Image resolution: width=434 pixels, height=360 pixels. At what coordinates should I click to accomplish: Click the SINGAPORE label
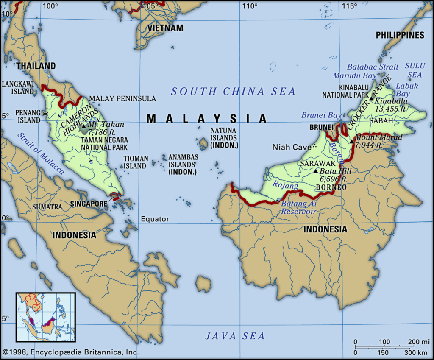pyautogui.click(x=89, y=204)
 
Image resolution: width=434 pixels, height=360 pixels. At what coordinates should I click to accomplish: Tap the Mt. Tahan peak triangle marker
pyautogui.click(x=83, y=126)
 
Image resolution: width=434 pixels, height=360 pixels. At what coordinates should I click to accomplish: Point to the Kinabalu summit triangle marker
pyautogui.click(x=371, y=99)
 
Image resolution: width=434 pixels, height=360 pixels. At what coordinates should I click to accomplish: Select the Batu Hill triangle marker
pyautogui.click(x=315, y=171)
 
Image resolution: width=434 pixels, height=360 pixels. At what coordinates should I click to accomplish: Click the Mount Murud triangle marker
pyautogui.click(x=351, y=141)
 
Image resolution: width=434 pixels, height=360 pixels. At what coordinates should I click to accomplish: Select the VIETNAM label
pyautogui.click(x=165, y=28)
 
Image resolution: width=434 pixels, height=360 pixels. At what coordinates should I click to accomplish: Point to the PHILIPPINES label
pyautogui.click(x=400, y=35)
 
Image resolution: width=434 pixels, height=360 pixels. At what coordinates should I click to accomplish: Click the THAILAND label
pyautogui.click(x=36, y=66)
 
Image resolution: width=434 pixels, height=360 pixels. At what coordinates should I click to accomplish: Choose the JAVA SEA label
pyautogui.click(x=235, y=336)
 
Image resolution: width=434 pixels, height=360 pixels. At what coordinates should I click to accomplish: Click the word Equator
pyautogui.click(x=155, y=219)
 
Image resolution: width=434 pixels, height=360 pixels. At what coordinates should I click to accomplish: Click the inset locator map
pyautogui.click(x=45, y=317)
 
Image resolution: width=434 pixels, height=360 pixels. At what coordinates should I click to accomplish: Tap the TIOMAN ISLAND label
pyautogui.click(x=136, y=162)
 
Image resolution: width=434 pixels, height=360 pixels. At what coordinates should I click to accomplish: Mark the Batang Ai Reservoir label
pyautogui.click(x=298, y=207)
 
